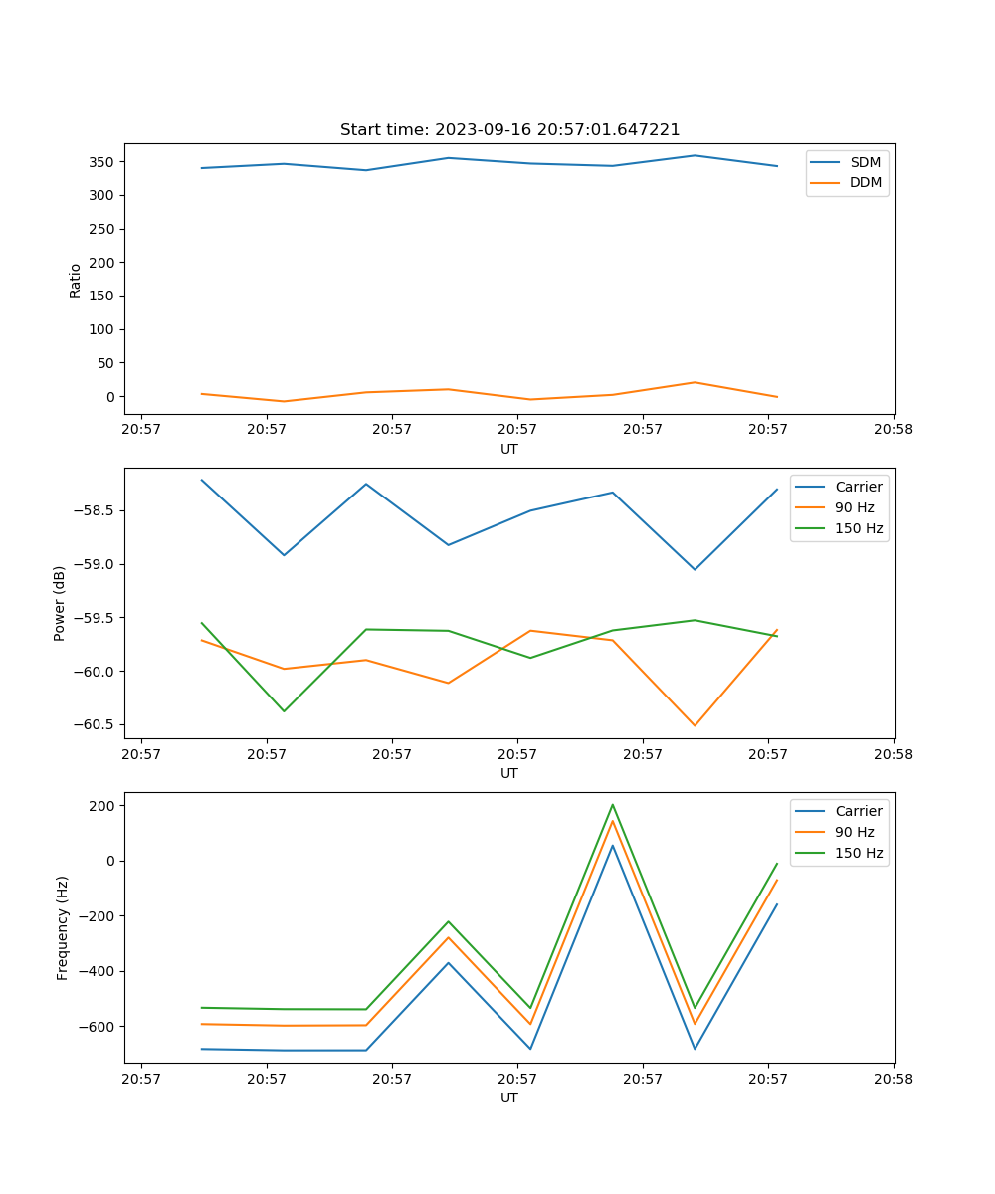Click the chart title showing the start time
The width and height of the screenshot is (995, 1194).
pyautogui.click(x=509, y=129)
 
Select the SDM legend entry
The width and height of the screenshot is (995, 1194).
pyautogui.click(x=865, y=162)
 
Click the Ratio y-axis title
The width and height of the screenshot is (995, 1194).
pyautogui.click(x=76, y=280)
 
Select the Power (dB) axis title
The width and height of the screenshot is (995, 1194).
pyautogui.click(x=60, y=603)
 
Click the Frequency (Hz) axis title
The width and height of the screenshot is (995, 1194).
pyautogui.click(x=62, y=927)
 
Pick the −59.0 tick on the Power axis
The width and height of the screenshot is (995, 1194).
pyautogui.click(x=98, y=564)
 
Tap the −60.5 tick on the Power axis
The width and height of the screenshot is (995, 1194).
pyautogui.click(x=98, y=724)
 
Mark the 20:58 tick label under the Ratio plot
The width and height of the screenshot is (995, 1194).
pyautogui.click(x=894, y=430)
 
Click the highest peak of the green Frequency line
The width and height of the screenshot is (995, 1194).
pyautogui.click(x=612, y=804)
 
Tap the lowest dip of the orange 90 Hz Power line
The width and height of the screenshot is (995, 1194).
pyautogui.click(x=695, y=725)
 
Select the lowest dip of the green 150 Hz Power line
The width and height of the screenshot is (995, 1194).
pyautogui.click(x=284, y=711)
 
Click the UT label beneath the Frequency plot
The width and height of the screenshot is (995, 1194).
pyautogui.click(x=509, y=1097)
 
